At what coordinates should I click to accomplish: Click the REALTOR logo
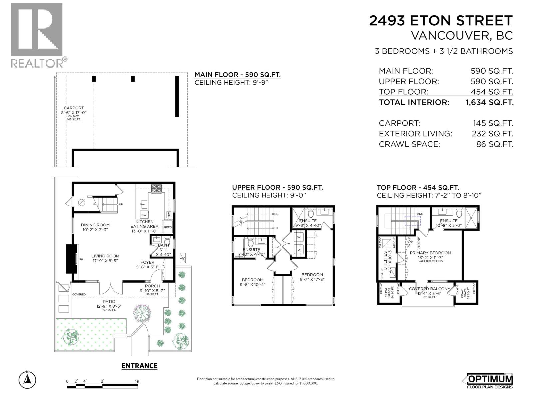pos(37,35)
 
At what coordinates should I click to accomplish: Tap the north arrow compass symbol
pos(27,379)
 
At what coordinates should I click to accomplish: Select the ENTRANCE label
pos(139,366)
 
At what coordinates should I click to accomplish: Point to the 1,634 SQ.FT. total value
pos(489,102)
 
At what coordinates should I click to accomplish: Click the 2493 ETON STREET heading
pos(441,21)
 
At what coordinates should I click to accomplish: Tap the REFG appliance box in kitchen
pos(168,227)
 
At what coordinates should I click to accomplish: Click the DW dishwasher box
pos(144,215)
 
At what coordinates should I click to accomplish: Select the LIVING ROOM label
pos(105,256)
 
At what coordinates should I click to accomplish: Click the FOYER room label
pos(145,262)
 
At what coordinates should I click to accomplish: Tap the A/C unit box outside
pos(183,258)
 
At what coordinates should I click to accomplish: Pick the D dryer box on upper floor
pos(299,249)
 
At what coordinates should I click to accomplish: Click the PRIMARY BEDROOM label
pos(430,253)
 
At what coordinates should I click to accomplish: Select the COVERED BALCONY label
pos(429,289)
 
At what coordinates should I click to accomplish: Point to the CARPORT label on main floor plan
pos(74,108)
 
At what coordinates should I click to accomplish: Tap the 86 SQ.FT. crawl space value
pos(494,144)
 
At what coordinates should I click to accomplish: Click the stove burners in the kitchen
pos(156,189)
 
